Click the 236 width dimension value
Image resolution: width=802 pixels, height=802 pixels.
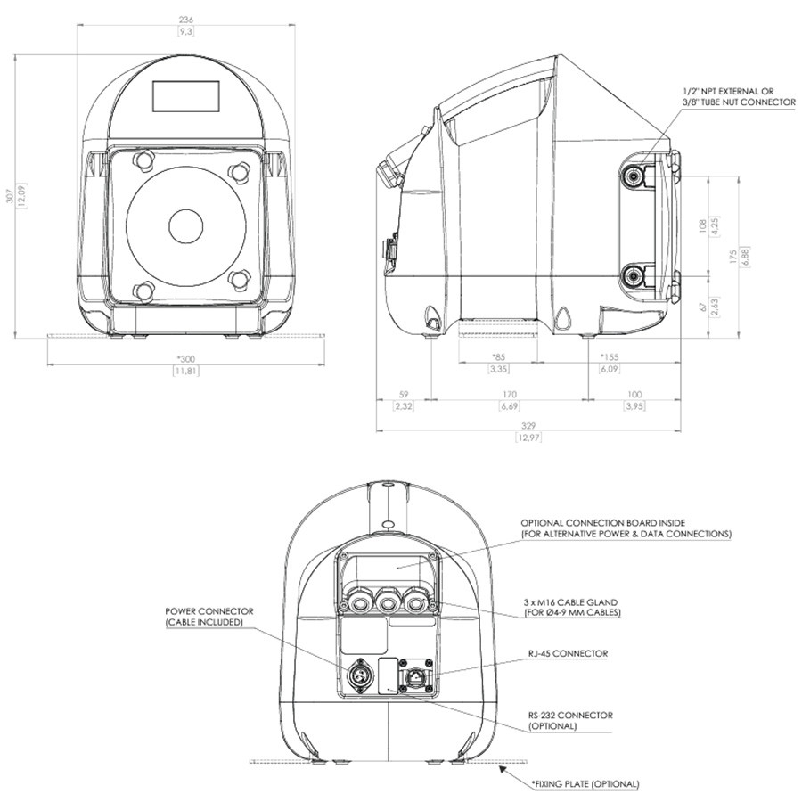coord(186,20)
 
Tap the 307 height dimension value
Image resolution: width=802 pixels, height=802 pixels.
coord(10,195)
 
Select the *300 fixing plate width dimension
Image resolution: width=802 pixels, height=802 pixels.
coord(186,359)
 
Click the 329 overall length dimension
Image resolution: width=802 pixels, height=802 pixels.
coord(528,426)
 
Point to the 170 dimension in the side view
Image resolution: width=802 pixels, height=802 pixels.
coord(510,395)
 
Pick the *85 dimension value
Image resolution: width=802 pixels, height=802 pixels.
coord(499,357)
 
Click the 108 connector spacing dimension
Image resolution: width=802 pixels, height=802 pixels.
coord(702,225)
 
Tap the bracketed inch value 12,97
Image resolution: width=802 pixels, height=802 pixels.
coord(528,438)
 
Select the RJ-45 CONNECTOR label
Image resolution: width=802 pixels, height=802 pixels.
coord(568,654)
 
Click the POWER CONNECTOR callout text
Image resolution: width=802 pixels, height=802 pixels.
coord(209,611)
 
